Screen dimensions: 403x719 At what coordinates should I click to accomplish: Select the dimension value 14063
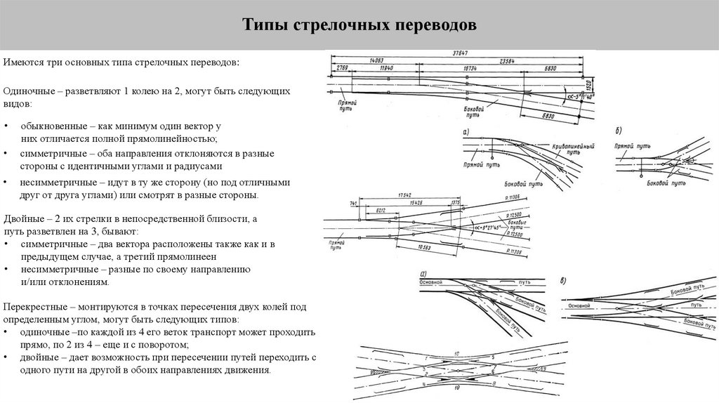(x=376, y=62)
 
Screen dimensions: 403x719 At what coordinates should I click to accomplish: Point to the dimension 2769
(x=342, y=68)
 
